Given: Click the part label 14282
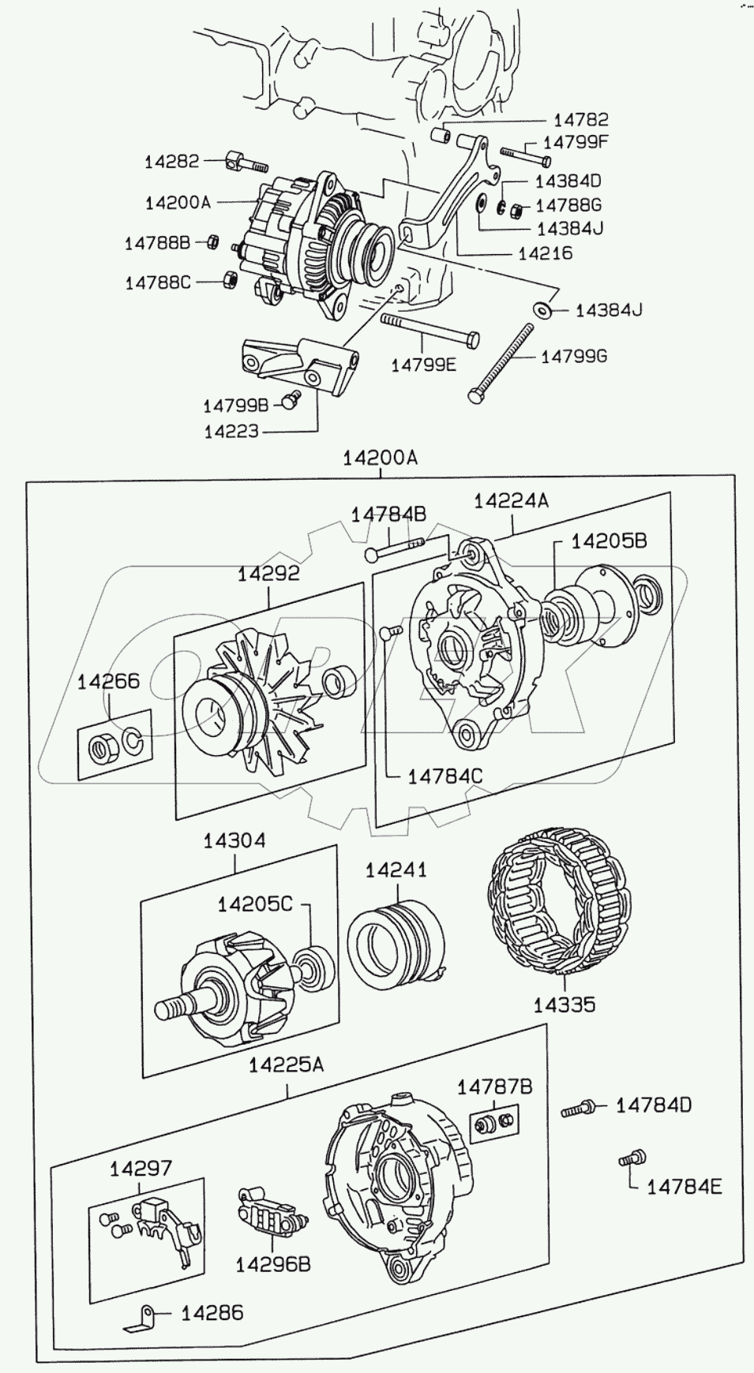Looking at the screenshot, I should [171, 162].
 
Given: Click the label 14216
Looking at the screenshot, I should [546, 254].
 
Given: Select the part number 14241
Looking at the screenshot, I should [396, 870].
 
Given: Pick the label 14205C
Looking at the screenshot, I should [254, 904].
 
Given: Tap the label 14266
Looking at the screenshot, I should [108, 682].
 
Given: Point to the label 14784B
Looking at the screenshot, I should [388, 514].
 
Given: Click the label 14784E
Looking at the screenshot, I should [685, 1186].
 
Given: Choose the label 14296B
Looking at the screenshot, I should [273, 1263].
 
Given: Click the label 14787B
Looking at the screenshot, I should [494, 1087].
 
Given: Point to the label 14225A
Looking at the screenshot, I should [286, 1065].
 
